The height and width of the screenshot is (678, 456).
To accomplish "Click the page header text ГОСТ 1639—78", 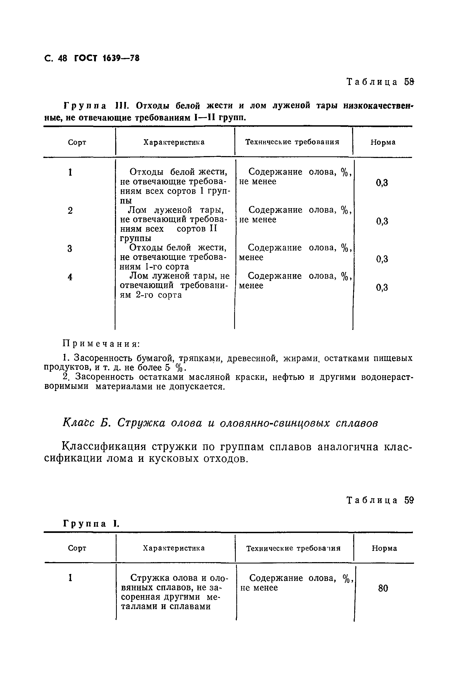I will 107,58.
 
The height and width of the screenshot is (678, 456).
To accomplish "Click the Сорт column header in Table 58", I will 77,142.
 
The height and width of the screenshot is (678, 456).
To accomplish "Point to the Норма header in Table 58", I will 383,142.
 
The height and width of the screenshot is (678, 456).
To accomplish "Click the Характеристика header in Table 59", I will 174,548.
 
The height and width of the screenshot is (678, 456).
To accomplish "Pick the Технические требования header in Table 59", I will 293,548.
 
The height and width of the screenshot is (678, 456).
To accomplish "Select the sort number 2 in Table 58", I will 70,211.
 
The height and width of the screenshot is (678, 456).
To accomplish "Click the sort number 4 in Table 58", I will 70,277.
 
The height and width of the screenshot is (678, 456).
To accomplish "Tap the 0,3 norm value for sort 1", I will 382,183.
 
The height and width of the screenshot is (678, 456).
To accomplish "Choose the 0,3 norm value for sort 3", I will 382,259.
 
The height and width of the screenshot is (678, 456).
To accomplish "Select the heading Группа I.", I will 91,524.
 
